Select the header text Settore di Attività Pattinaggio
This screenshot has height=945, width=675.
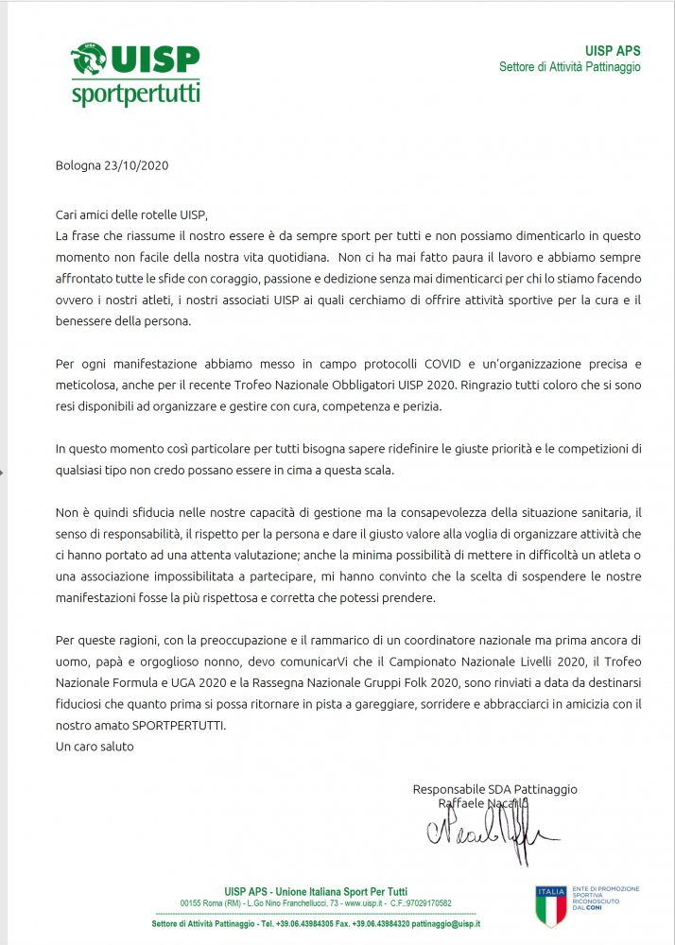coord(569,67)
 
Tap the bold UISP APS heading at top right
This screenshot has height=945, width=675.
coord(613,50)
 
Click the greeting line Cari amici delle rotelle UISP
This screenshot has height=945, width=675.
coord(130,215)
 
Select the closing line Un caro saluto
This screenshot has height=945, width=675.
coord(95,747)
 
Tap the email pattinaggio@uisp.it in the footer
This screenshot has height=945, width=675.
coord(445,923)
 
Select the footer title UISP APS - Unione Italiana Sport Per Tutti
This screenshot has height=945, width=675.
coord(316,891)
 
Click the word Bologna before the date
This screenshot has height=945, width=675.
coord(78,164)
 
